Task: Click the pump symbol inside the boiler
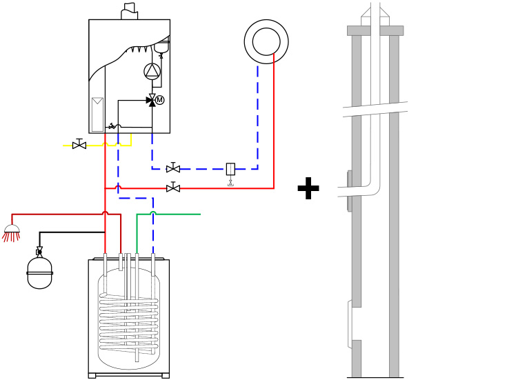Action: (x=152, y=71)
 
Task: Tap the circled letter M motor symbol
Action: (x=160, y=100)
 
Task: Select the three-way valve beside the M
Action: (x=152, y=101)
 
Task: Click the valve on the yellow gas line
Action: (x=79, y=145)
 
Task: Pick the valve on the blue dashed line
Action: (x=173, y=168)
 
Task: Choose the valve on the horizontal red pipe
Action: (x=173, y=188)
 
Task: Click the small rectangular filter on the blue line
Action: (x=230, y=169)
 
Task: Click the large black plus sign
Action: (x=308, y=188)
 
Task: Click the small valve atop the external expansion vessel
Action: (x=39, y=251)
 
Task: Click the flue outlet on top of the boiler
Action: (x=129, y=12)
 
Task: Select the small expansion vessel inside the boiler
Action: (x=161, y=47)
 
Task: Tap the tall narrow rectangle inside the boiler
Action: (x=97, y=114)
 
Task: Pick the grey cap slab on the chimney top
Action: (x=375, y=30)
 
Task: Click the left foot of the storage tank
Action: (x=92, y=376)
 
